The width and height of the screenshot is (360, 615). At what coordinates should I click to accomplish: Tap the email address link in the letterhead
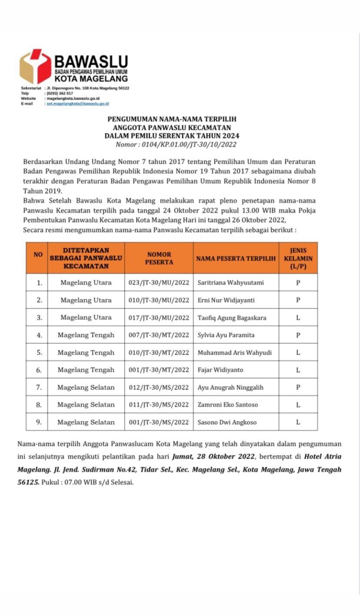point(78,104)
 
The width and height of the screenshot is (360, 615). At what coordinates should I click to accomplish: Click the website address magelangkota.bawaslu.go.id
point(73,99)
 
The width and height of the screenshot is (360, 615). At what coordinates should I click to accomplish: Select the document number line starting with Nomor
point(176,145)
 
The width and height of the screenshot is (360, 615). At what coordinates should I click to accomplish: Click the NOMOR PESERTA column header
point(159,258)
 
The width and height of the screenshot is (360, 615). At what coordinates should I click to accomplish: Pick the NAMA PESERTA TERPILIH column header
point(236,258)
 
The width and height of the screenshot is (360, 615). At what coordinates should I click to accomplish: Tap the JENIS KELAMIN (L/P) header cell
point(298,258)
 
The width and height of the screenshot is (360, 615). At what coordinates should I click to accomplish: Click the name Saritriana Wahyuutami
point(230,283)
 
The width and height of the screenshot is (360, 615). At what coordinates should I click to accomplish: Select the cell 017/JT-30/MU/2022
point(159,318)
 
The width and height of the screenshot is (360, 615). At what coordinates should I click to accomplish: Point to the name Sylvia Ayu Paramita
point(226,335)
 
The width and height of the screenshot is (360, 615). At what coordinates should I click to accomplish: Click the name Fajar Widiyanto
point(220,370)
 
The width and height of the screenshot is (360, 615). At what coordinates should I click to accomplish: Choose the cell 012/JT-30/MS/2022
point(159,387)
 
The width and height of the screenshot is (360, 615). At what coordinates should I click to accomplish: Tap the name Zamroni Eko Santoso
point(228,405)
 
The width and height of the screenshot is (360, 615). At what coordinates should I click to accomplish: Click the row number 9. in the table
point(39,422)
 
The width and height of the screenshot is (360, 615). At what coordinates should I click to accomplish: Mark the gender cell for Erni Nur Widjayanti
point(298,300)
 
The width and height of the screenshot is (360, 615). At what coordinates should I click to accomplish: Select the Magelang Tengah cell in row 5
point(86,352)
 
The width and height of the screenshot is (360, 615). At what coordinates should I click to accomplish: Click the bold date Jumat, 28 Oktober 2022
point(213,457)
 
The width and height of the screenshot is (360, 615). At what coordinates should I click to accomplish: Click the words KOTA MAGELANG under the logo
point(91,79)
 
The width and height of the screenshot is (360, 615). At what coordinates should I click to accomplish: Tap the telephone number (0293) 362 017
point(60,93)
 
